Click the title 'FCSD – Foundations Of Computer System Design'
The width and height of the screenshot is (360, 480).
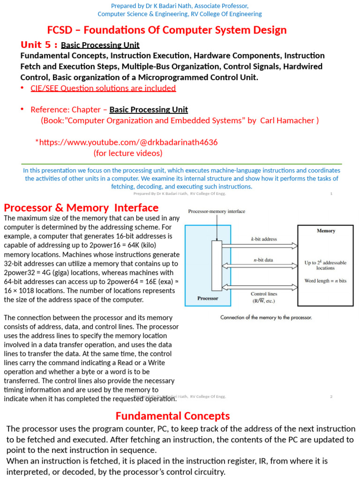coord(167,30)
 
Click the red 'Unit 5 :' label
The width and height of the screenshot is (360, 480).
coord(39,45)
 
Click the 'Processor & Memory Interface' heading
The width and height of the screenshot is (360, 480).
coord(81,208)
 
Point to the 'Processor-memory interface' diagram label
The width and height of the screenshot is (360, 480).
coord(217,211)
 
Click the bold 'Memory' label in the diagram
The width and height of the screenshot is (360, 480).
coord(326,231)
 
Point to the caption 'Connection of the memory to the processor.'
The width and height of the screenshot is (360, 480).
coord(266,317)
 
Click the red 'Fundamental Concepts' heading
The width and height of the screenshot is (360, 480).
coord(172,416)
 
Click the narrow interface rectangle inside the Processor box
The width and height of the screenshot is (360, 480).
coord(216,267)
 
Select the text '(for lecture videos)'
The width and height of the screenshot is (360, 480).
coord(128,153)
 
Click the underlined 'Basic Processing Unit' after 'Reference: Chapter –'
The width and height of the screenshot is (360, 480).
coord(149,110)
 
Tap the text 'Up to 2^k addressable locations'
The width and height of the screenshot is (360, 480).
coord(325,265)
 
